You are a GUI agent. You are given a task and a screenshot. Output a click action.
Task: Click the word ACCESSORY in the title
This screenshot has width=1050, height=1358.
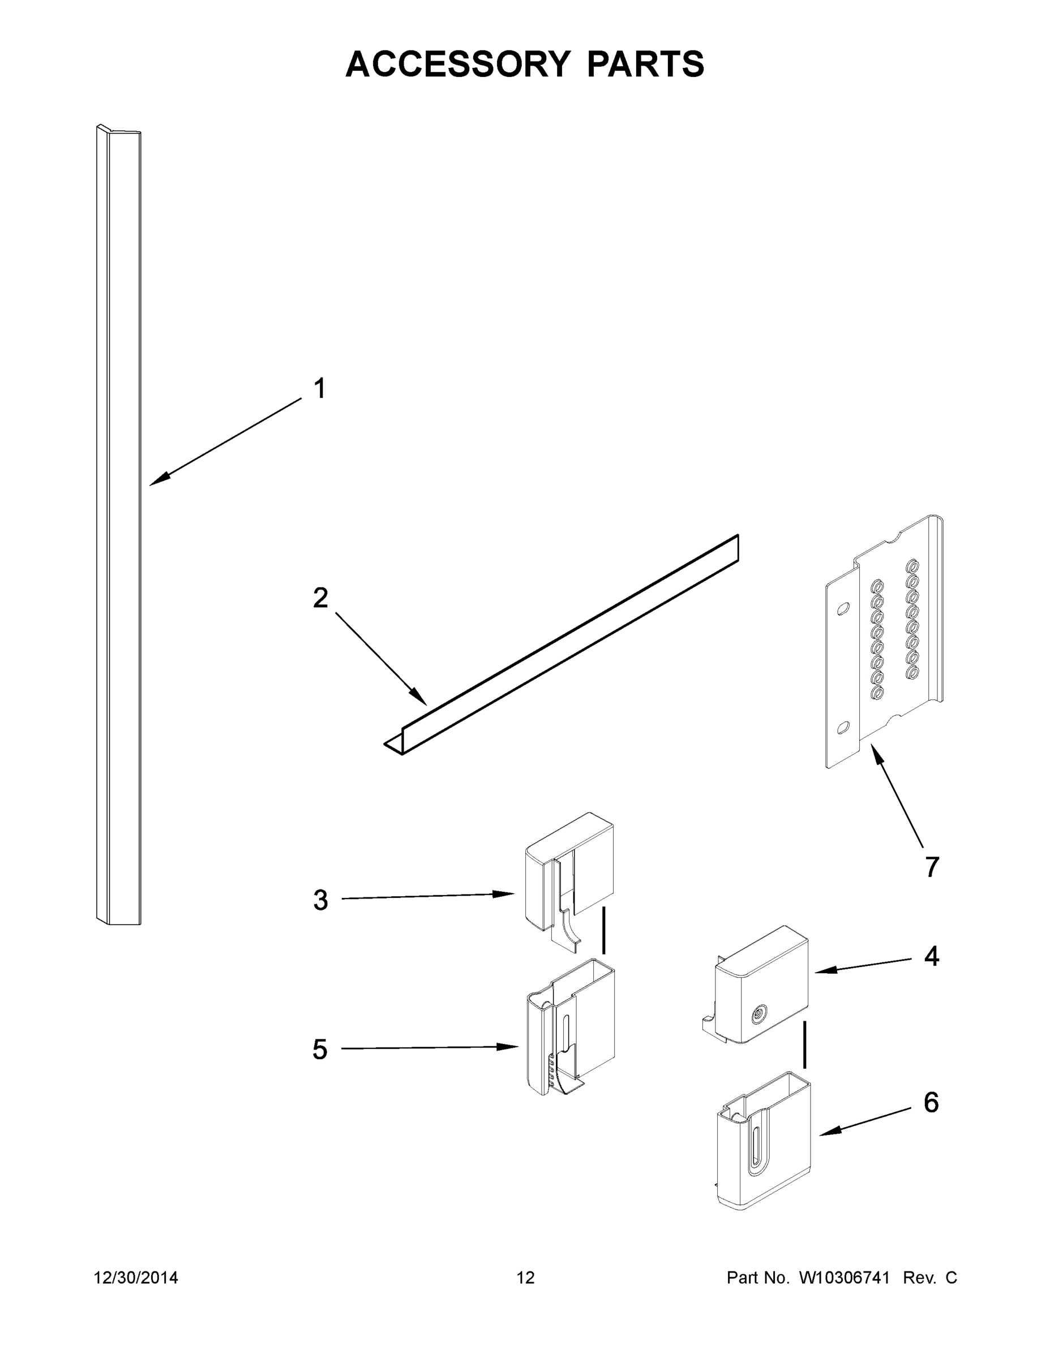click(457, 64)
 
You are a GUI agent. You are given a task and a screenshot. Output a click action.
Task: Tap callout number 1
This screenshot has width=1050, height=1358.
click(319, 389)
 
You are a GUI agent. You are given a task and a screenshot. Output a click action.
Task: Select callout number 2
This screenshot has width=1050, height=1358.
click(320, 598)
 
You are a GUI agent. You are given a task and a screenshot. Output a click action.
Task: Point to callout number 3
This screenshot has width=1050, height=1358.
click(320, 900)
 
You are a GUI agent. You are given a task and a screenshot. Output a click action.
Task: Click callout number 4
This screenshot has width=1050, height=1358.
click(931, 956)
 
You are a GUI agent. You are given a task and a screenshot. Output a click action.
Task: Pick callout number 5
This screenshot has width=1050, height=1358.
click(320, 1050)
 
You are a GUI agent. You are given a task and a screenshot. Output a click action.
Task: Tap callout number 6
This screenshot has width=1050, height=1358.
click(931, 1102)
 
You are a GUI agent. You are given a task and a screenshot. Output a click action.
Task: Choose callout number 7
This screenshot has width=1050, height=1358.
click(931, 867)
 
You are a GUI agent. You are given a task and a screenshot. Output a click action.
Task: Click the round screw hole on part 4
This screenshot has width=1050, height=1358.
click(758, 1016)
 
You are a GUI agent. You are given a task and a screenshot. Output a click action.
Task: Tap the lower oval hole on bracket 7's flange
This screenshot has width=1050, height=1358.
click(843, 727)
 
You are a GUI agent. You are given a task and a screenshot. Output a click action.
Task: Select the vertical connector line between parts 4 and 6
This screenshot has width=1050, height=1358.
click(805, 1044)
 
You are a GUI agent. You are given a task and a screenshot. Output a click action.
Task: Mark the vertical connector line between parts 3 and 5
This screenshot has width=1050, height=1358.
click(603, 930)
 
